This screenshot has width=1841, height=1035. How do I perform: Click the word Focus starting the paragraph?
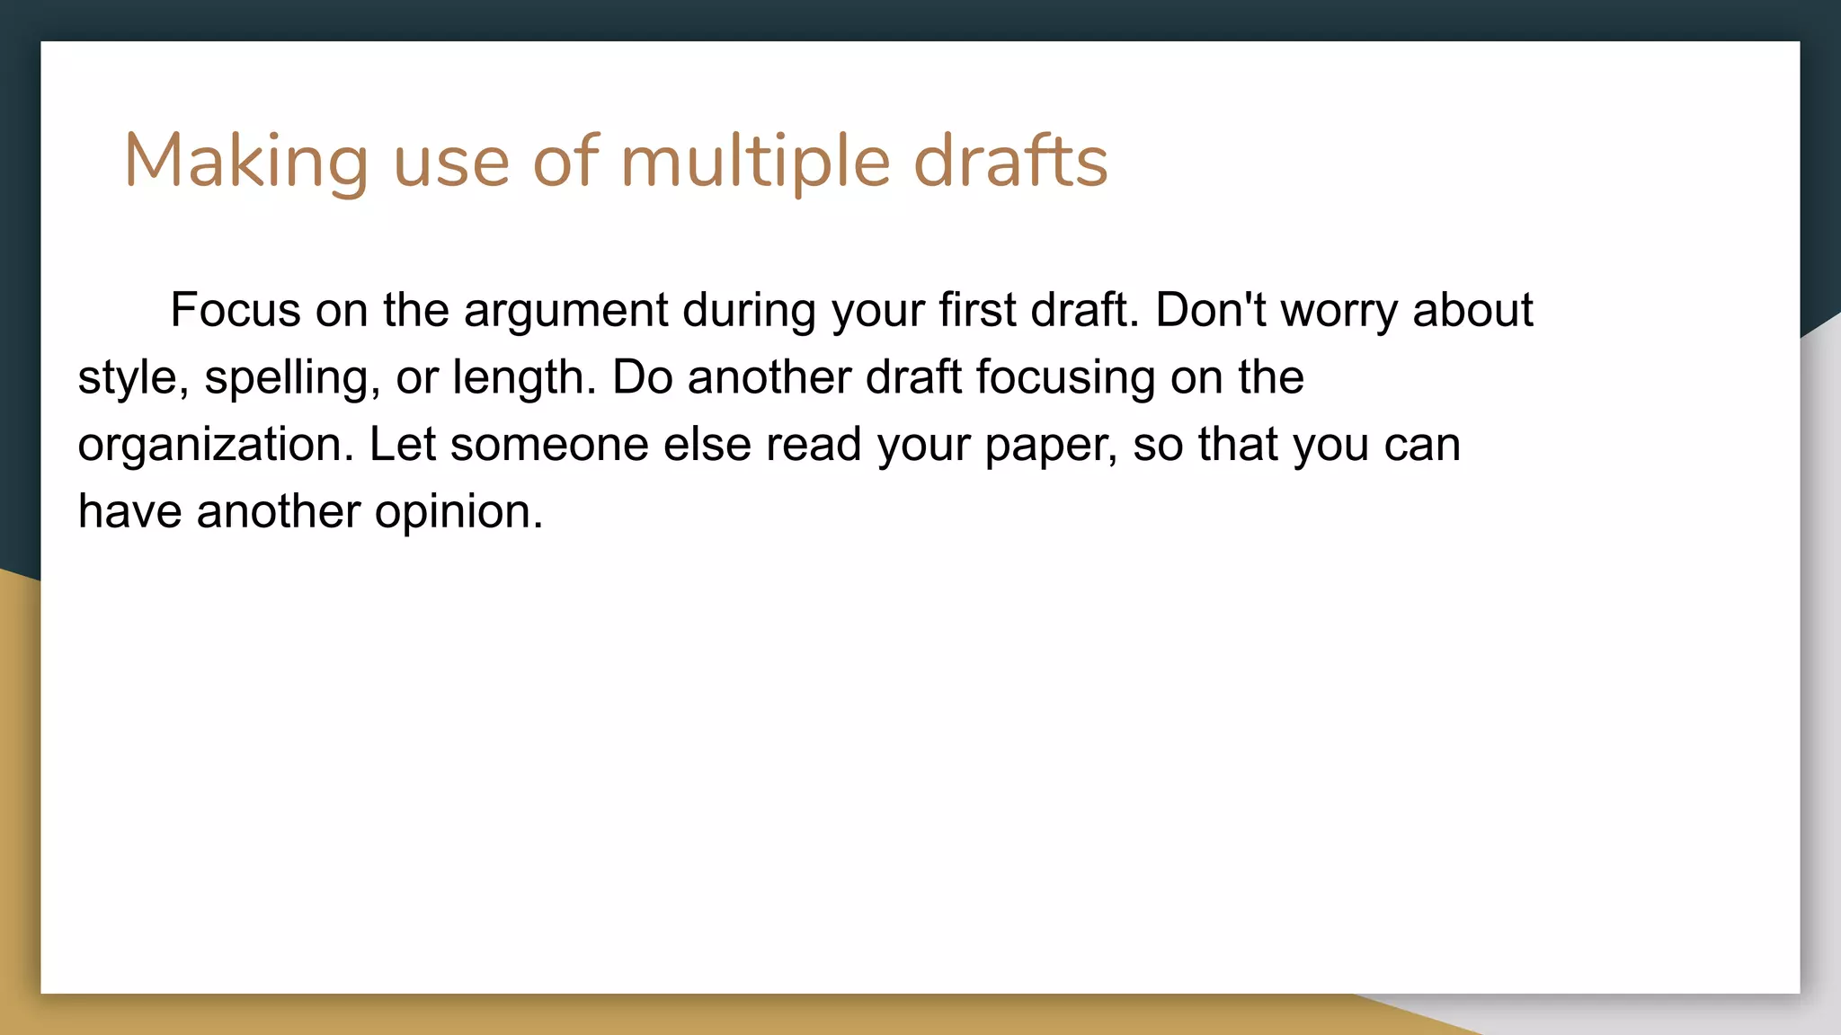pyautogui.click(x=235, y=310)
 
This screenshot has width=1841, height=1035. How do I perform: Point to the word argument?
pyautogui.click(x=565, y=310)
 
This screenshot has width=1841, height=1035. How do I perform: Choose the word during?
pyautogui.click(x=749, y=310)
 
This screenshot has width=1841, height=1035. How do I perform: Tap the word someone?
pyautogui.click(x=549, y=445)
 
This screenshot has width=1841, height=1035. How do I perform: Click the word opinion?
pyautogui.click(x=458, y=512)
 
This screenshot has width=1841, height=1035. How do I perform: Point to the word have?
pyautogui.click(x=130, y=512)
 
